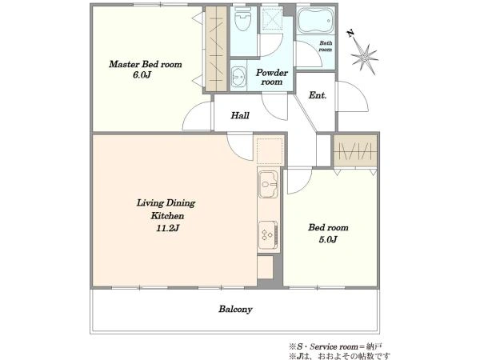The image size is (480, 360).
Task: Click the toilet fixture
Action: (243, 19)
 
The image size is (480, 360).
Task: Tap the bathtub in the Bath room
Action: (316, 21)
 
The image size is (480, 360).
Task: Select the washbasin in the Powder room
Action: (238, 77)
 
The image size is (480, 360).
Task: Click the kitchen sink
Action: (269, 184)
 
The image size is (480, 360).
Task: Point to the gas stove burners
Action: (268, 235)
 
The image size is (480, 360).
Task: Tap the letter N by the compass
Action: (351, 33)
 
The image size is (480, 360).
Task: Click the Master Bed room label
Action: (146, 64)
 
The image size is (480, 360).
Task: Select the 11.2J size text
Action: (167, 228)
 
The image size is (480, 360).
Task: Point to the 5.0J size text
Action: (328, 239)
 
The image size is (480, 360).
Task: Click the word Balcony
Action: (235, 309)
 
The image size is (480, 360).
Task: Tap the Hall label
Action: (240, 115)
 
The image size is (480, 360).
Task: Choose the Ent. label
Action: (318, 95)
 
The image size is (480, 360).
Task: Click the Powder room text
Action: (272, 77)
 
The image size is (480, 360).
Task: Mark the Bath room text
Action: (326, 46)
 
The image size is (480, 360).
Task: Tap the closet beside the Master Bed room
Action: (216, 48)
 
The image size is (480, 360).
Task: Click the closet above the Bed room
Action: (355, 150)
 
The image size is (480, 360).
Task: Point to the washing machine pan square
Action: (270, 151)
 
